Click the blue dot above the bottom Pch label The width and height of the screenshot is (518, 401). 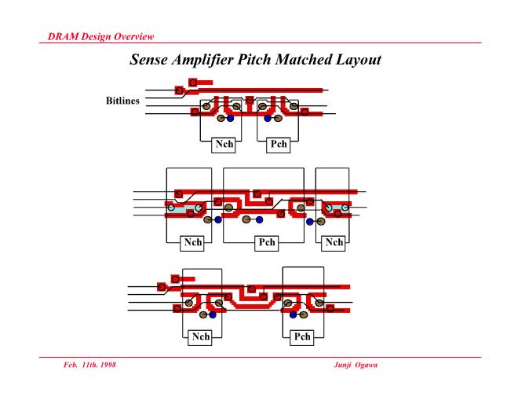(293, 314)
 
